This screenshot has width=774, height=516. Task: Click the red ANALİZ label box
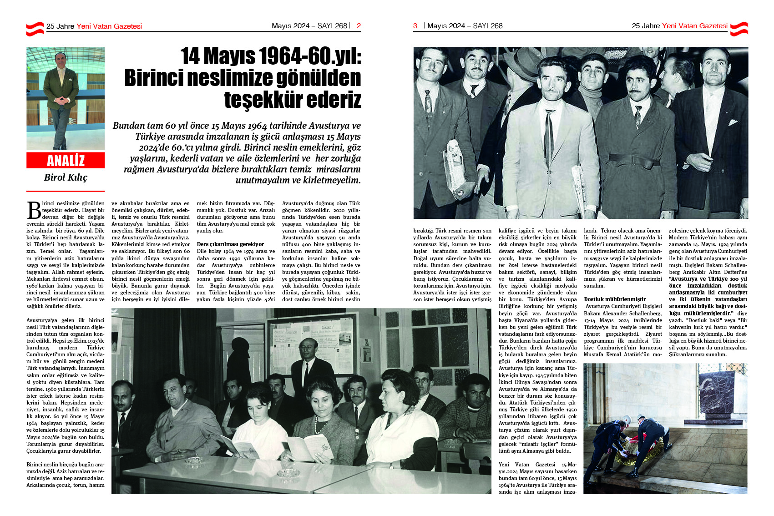tap(66, 161)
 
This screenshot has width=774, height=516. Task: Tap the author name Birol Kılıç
tap(66, 177)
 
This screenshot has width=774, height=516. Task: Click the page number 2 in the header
tap(359, 26)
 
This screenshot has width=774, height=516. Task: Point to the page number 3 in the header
tap(415, 26)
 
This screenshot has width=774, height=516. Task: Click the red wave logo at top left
tap(35, 28)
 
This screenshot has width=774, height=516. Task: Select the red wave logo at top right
tap(739, 28)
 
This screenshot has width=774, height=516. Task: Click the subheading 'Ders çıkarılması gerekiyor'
tap(230, 244)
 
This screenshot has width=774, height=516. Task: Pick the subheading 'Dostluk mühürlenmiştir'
tap(615, 299)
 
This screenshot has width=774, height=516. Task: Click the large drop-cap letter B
tap(34, 210)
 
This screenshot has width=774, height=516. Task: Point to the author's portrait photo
tap(66, 98)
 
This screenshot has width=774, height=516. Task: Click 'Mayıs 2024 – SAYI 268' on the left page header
tap(309, 26)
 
